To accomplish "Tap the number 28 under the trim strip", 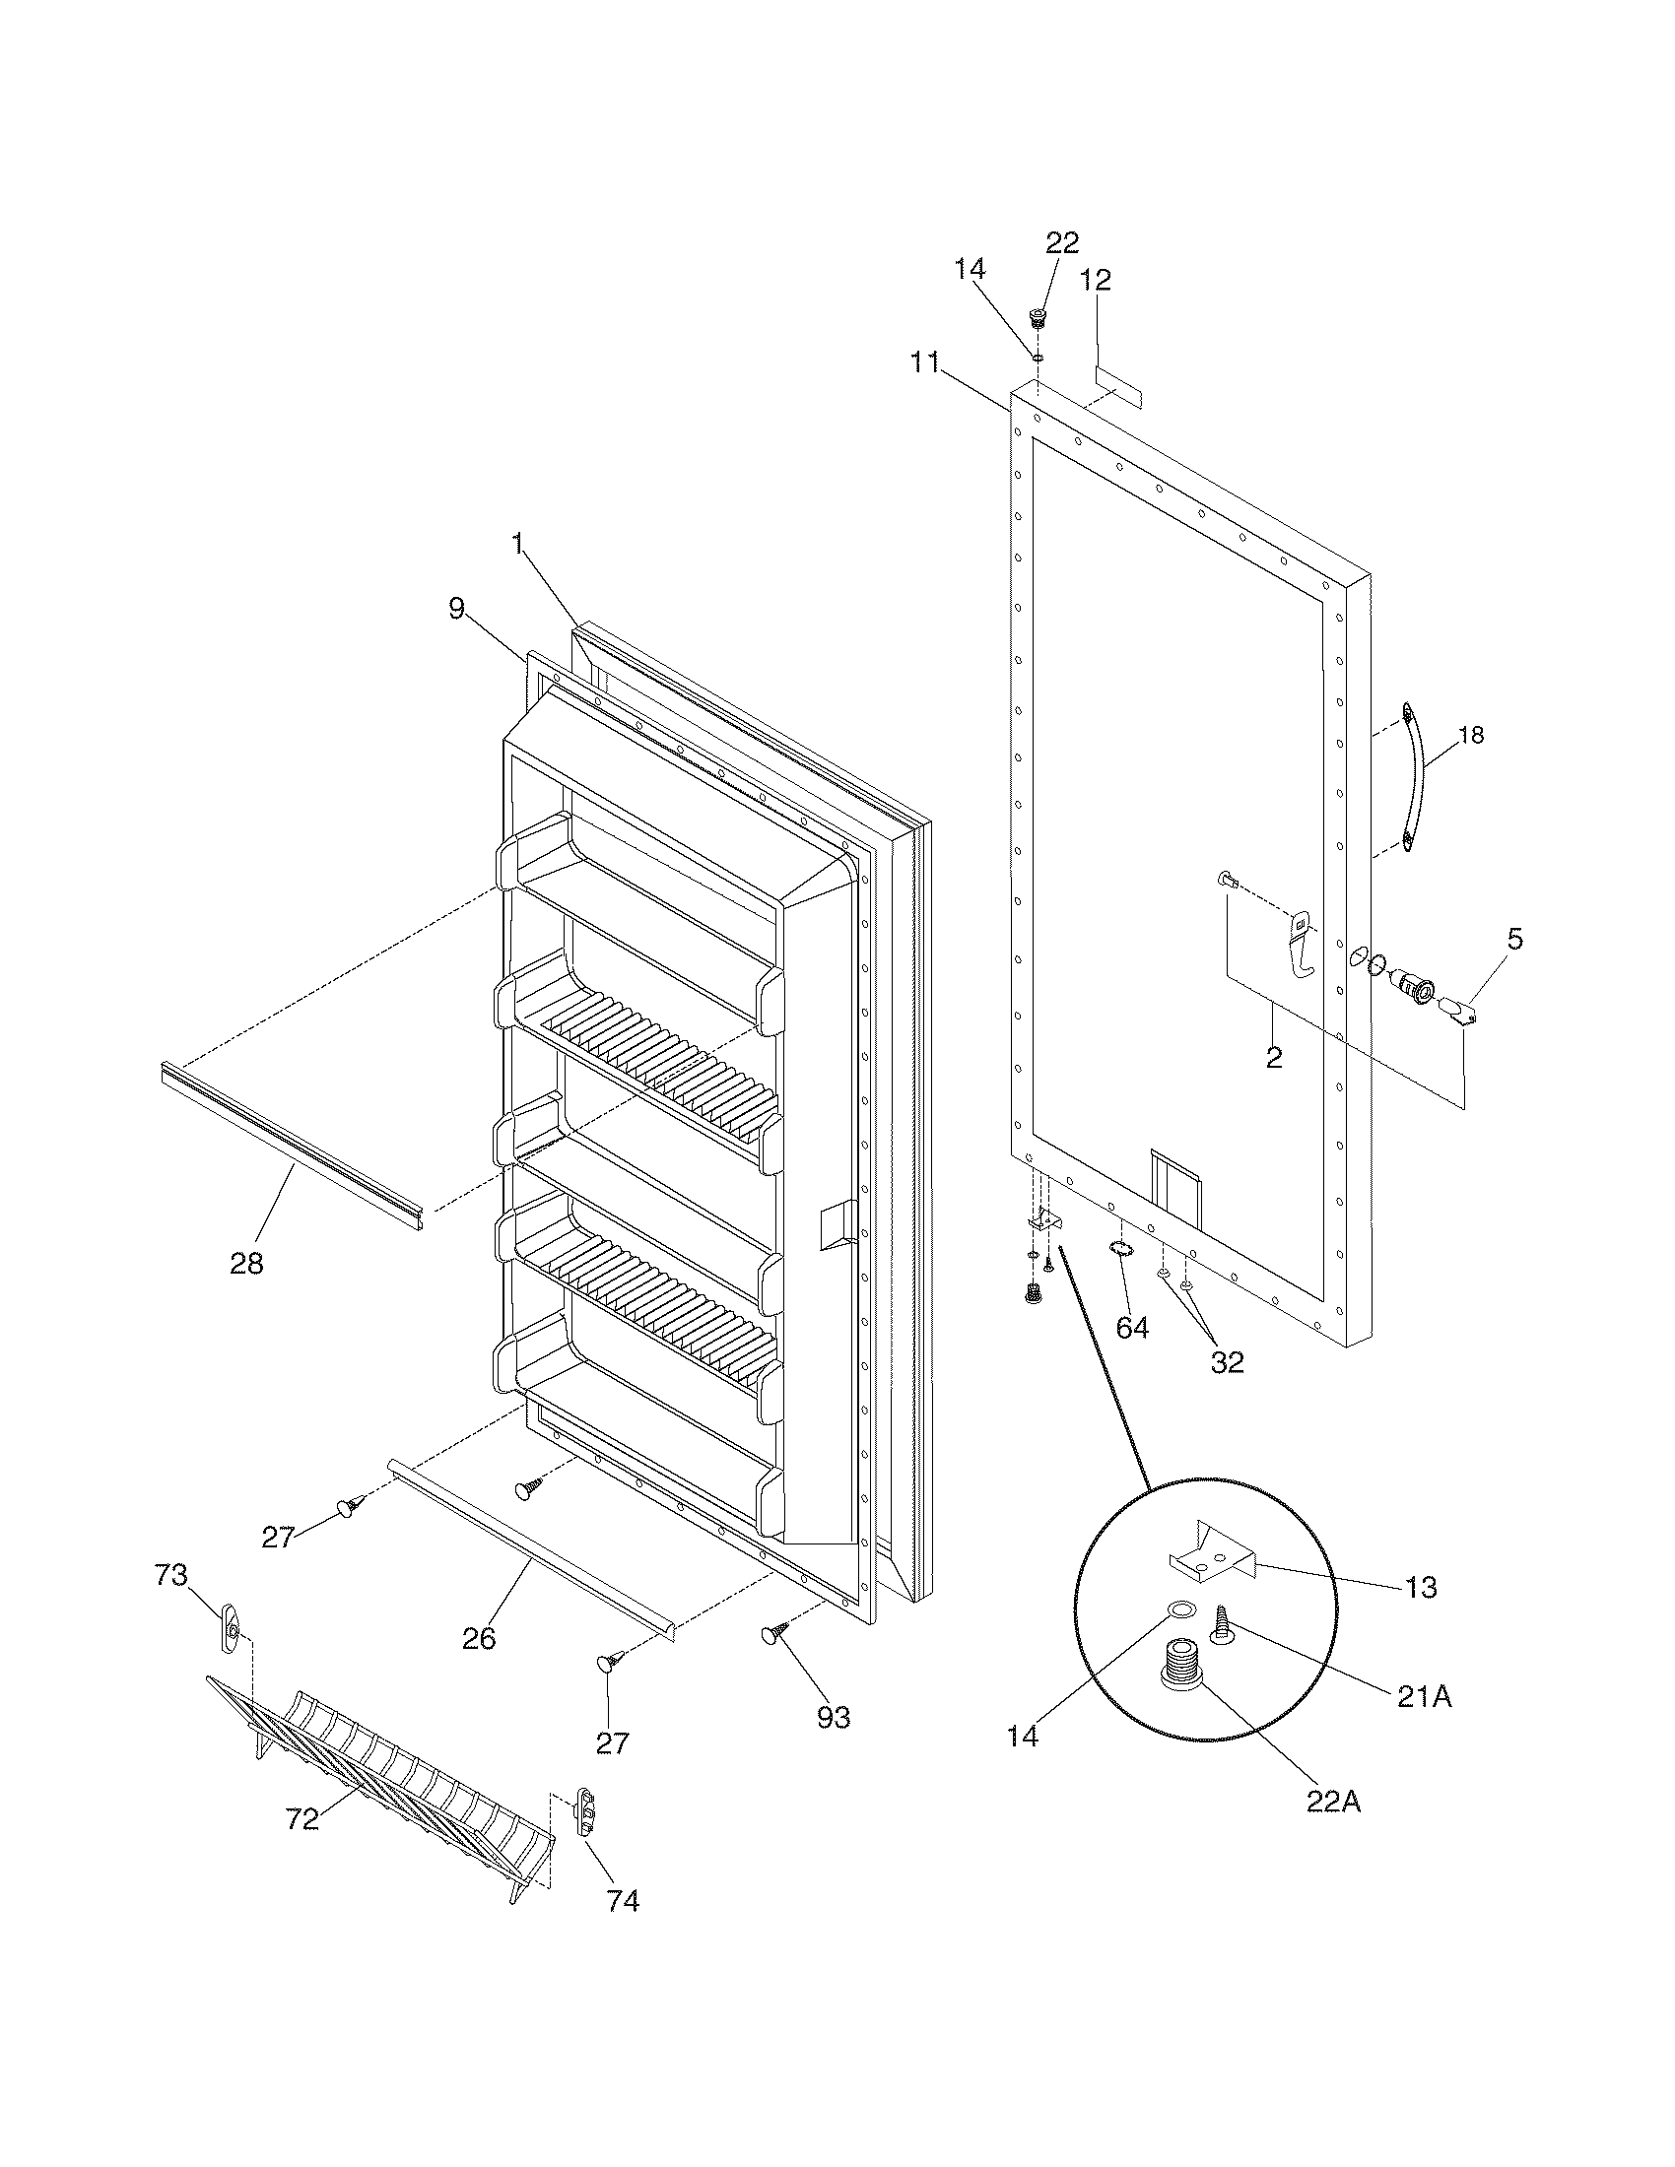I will tap(246, 1263).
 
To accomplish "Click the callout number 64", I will tap(1132, 1327).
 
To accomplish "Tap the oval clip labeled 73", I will tap(232, 1628).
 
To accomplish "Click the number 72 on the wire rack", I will tap(301, 1817).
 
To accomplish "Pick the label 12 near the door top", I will tap(1096, 280).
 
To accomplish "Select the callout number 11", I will tap(925, 362).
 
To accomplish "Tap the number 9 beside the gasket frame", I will tap(456, 608).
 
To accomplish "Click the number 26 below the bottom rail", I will tap(478, 1638).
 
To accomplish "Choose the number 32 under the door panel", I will tap(1227, 1361).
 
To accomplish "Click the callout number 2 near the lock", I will tap(1274, 1058).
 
